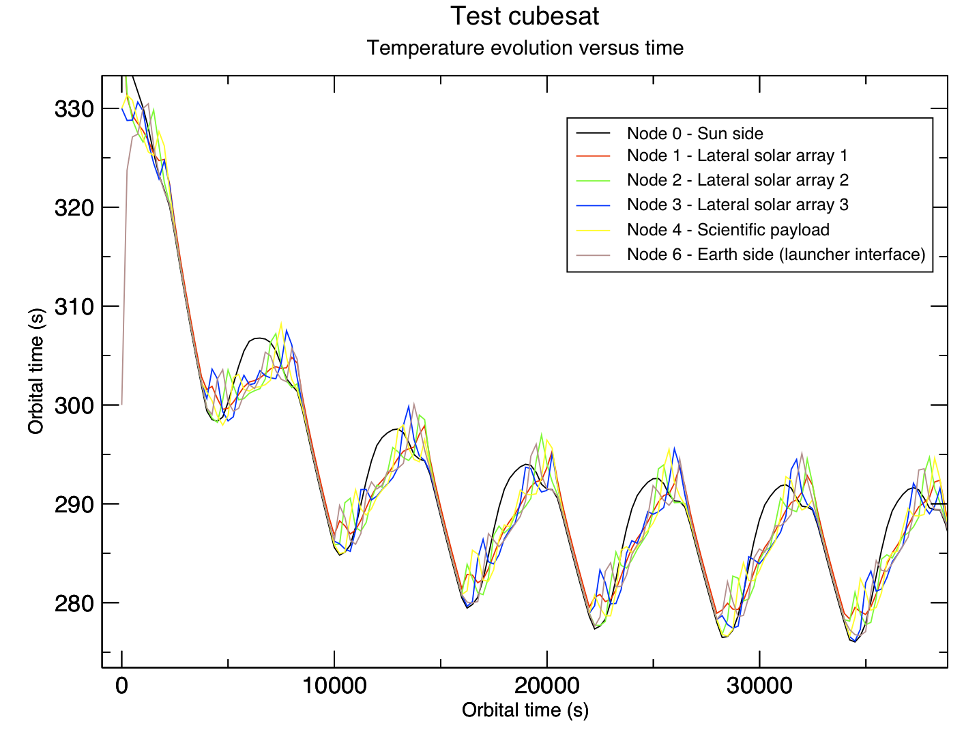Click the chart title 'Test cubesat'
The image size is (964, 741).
click(x=525, y=16)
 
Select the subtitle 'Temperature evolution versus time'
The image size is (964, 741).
click(x=525, y=48)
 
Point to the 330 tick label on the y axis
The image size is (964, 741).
click(x=74, y=108)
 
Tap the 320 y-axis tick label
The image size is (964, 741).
click(x=74, y=207)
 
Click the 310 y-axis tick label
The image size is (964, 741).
click(x=74, y=306)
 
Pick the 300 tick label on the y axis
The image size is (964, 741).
click(x=74, y=405)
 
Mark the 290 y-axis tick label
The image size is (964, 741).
click(x=74, y=504)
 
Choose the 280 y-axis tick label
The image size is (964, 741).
click(x=74, y=603)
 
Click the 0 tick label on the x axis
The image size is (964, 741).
click(x=121, y=686)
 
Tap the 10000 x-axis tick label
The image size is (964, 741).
click(x=334, y=686)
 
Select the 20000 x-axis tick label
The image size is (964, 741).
click(x=546, y=686)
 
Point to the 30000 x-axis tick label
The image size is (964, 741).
click(x=759, y=686)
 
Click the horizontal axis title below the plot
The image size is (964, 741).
click(x=525, y=710)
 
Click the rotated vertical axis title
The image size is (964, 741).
click(x=36, y=371)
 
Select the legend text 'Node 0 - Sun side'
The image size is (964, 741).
click(x=695, y=133)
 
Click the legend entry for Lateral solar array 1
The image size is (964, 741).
click(x=737, y=156)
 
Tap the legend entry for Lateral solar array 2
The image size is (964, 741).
click(x=737, y=179)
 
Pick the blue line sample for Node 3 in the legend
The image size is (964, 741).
click(x=593, y=205)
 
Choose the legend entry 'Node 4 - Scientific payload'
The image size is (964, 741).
click(x=728, y=230)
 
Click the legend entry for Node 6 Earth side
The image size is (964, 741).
click(x=776, y=255)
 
